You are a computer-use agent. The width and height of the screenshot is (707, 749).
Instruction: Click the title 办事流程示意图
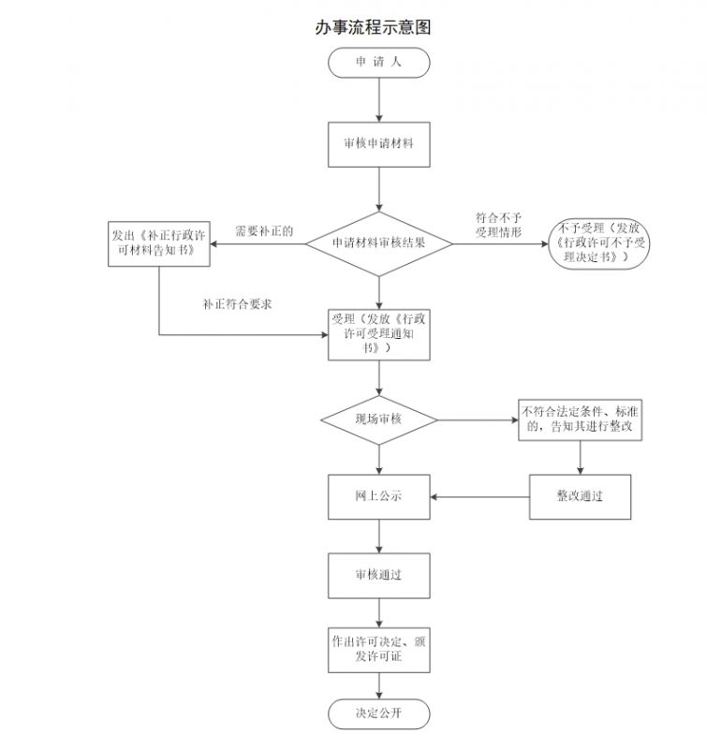coord(373,27)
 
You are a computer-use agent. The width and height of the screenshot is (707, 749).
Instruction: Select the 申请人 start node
coord(378,62)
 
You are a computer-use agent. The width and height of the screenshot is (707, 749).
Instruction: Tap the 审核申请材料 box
coord(378,145)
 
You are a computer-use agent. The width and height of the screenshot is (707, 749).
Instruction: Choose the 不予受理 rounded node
coord(598,242)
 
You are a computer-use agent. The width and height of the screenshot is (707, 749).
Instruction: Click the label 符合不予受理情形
coord(498,225)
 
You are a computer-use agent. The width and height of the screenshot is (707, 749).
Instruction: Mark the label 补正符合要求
coord(237,304)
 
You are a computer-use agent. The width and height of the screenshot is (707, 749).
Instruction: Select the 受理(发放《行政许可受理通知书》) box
coord(379,334)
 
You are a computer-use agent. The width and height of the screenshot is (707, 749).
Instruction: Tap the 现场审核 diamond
coord(378,419)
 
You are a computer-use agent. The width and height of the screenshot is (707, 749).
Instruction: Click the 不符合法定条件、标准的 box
coord(581,419)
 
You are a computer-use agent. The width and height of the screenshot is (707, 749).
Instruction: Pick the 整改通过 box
coord(580,496)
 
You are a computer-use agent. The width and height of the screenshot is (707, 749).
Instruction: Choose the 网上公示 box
coord(378,496)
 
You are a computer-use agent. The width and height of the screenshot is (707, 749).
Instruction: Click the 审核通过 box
coord(378,575)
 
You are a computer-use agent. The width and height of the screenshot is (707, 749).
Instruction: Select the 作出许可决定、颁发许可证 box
coord(378,650)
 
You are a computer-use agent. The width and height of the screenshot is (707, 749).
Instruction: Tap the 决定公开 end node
coord(378,714)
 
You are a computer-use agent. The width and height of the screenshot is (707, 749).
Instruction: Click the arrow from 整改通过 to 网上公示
coord(479,496)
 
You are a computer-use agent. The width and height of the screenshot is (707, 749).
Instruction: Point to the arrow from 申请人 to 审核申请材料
coord(378,99)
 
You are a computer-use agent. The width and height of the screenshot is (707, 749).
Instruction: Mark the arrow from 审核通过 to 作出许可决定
coord(378,612)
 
